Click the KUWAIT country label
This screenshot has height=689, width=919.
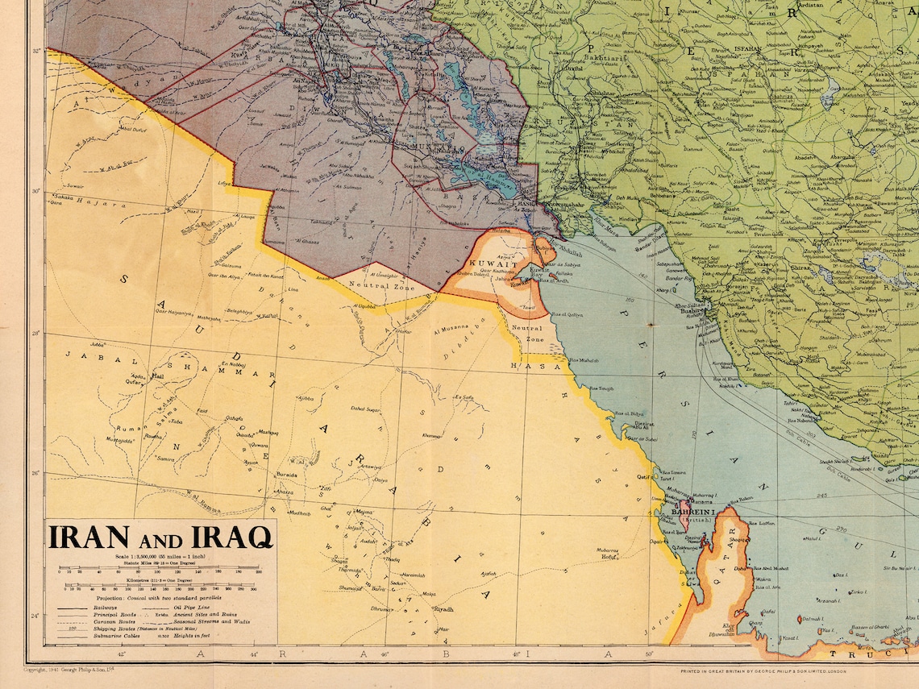[x=486, y=264]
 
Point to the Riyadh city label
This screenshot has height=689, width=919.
[x=444, y=609]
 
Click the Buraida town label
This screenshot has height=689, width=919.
[x=287, y=475]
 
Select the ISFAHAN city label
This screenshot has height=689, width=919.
[x=747, y=49]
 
